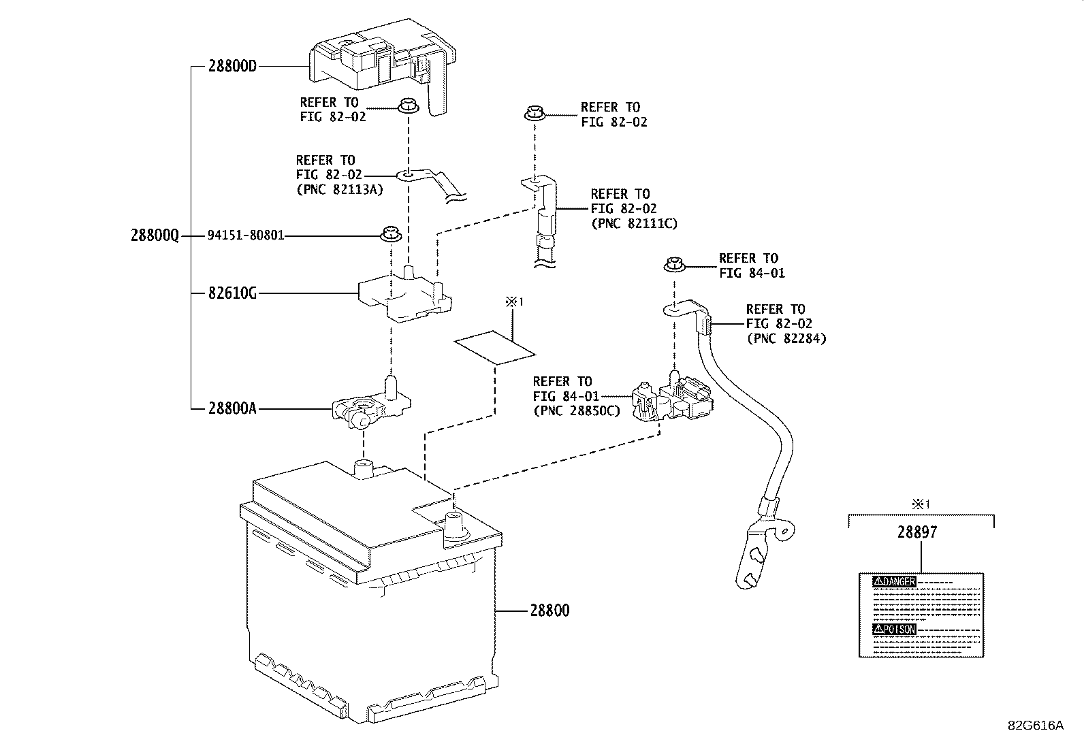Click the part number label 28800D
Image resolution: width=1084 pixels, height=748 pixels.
pos(233,67)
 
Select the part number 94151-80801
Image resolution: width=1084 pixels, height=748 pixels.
pos(246,235)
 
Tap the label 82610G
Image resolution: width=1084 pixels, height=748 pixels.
pos(233,293)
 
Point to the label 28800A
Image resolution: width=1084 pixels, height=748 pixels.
pos(233,408)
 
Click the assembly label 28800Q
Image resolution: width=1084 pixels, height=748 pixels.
pos(155,235)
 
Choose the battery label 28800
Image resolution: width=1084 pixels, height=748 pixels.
pos(549,611)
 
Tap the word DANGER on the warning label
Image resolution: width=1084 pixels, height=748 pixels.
pos(899,582)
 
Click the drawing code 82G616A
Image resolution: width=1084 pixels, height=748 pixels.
pos(1035,726)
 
